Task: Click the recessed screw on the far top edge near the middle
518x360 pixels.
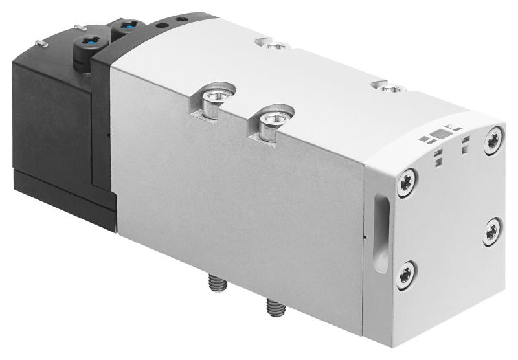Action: [x=277, y=46]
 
